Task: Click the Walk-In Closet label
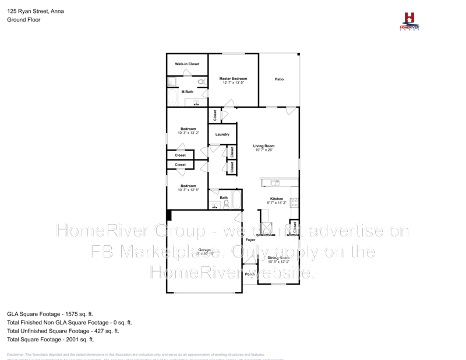point(187,64)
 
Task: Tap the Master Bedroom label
point(233,79)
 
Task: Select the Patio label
point(280,79)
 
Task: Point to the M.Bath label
point(187,92)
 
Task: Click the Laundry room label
point(222,135)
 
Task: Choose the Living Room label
point(263,146)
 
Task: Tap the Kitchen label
point(276,199)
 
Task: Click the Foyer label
point(250,240)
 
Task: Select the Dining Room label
point(278,257)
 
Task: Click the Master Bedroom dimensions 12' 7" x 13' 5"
point(233,83)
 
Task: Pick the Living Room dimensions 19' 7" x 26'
point(263,150)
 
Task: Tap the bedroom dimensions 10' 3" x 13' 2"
point(188,133)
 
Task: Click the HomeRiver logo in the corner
point(409,20)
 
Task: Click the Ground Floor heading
point(24,19)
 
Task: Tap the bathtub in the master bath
point(172,97)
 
